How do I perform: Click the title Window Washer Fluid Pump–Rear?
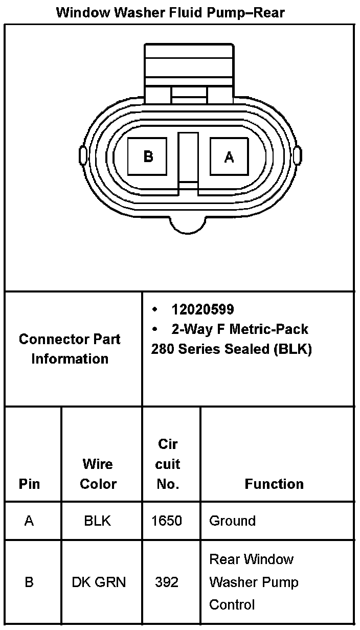pos(170,12)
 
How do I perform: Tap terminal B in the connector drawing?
pos(148,156)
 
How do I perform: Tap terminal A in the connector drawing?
pos(229,156)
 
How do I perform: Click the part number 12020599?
pos(202,309)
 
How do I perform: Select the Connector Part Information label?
pos(70,349)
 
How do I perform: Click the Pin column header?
pos(29,484)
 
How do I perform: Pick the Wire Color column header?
pos(98,474)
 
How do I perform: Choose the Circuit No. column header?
pos(168,464)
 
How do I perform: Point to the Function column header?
pos(274,484)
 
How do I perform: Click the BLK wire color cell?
pos(97,521)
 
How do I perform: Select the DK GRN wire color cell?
pos(99,582)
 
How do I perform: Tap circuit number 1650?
pos(167,521)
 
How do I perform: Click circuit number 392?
pos(167,582)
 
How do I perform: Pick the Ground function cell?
pos(232,521)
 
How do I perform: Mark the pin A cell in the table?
pos(29,521)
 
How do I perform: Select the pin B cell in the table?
pos(29,582)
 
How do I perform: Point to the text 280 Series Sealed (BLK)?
pos(231,349)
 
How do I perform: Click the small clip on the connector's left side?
pos(82,155)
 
